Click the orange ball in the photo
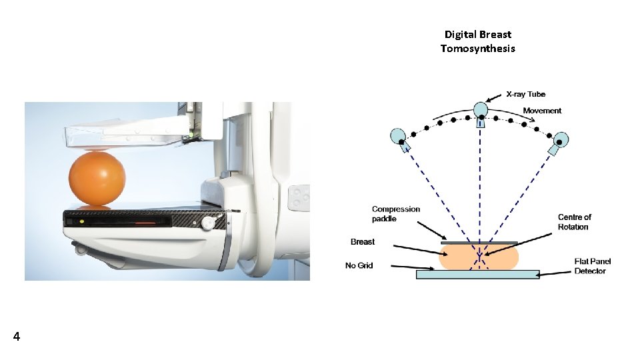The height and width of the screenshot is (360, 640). pos(97,178)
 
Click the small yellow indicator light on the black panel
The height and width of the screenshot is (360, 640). pos(81,221)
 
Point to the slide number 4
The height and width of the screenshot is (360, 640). pos(16,337)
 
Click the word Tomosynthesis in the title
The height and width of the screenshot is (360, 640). pos(477,48)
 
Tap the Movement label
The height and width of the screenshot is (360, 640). pos(542,111)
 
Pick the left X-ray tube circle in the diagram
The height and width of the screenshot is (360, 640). pos(399,136)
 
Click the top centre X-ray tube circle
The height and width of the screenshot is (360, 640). pos(481,109)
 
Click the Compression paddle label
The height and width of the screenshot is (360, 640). pos(396,213)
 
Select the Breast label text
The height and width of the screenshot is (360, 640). pos(363,241)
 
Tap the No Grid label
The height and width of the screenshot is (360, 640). pos(359,265)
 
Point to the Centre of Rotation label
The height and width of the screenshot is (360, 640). pos(574,222)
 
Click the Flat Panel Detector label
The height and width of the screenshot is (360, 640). pos(592,266)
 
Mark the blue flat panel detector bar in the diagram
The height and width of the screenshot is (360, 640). pos(477,274)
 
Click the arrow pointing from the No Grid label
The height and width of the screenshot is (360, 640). pos(401,268)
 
